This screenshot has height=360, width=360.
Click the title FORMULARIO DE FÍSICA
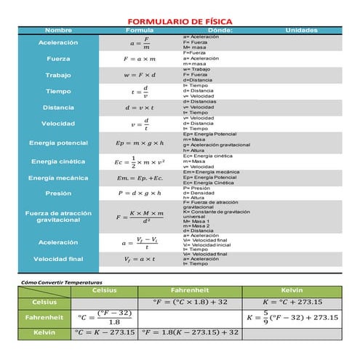(x=180, y=22)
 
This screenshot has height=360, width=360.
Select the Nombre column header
(x=58, y=31)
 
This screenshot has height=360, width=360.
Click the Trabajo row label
(x=58, y=75)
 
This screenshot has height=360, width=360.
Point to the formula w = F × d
(x=140, y=75)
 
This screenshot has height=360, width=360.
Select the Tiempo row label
(x=58, y=92)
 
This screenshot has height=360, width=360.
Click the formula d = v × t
(x=140, y=108)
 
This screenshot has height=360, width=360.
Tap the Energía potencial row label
(x=58, y=143)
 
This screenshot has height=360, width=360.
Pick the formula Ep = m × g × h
(x=140, y=143)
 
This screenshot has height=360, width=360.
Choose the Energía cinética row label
(x=58, y=161)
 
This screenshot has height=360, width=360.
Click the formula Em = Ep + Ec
(x=140, y=178)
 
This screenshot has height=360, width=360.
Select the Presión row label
(x=58, y=193)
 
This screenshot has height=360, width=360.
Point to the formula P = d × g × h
(x=140, y=193)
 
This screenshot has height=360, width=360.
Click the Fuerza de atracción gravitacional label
(x=58, y=216)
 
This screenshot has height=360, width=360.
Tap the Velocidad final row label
(x=58, y=259)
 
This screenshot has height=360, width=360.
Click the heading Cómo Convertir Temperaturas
(x=62, y=281)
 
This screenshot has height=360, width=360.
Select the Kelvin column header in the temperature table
(x=291, y=290)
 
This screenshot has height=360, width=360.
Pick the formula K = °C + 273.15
(x=291, y=302)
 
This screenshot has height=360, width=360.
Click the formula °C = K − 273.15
(x=105, y=332)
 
